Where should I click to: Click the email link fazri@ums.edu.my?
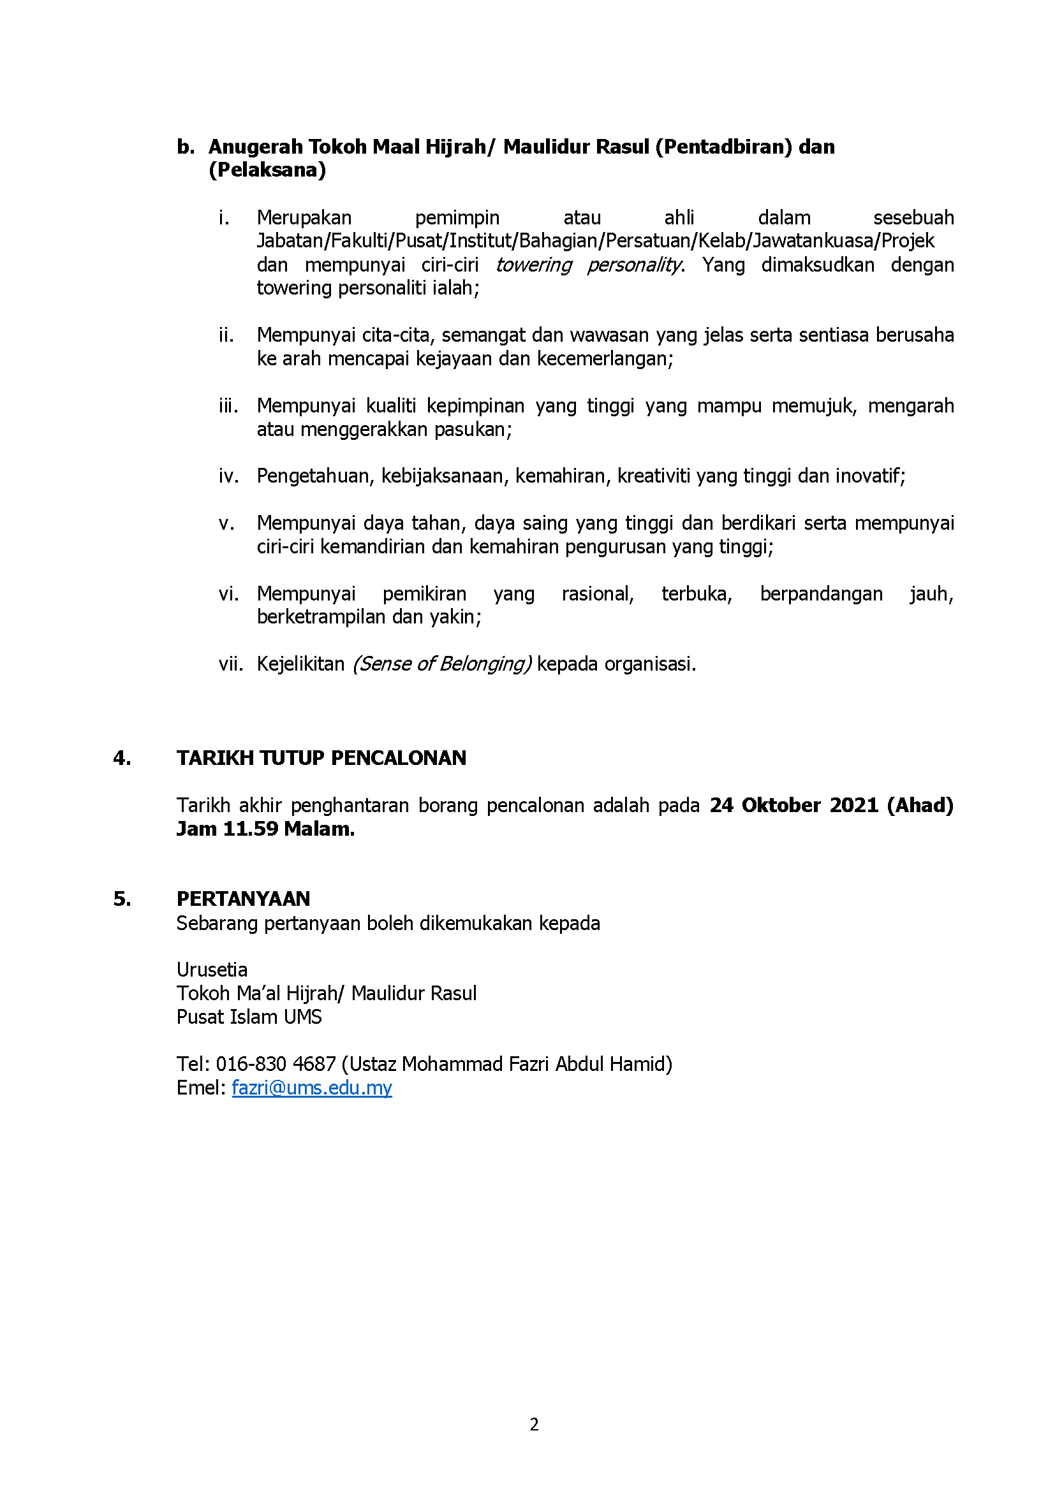click(x=312, y=1087)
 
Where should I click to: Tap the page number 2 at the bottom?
click(x=534, y=1424)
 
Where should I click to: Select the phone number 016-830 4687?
click(x=276, y=1064)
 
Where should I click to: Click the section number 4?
click(x=121, y=758)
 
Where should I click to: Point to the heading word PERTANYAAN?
click(x=243, y=899)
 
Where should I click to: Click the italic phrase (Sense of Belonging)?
click(x=442, y=664)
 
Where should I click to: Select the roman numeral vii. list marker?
click(x=230, y=664)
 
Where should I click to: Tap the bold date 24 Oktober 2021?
click(x=794, y=805)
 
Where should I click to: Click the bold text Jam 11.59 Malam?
click(x=265, y=829)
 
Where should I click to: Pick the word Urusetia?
click(x=212, y=970)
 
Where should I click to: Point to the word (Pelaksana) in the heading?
click(x=267, y=170)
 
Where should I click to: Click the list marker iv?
click(x=229, y=476)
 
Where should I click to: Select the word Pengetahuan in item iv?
click(x=316, y=476)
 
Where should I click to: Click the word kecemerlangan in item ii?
click(x=605, y=358)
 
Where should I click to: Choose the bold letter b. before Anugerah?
click(x=186, y=147)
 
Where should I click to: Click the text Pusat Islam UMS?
click(x=249, y=1017)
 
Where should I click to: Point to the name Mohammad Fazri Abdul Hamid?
click(x=536, y=1064)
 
